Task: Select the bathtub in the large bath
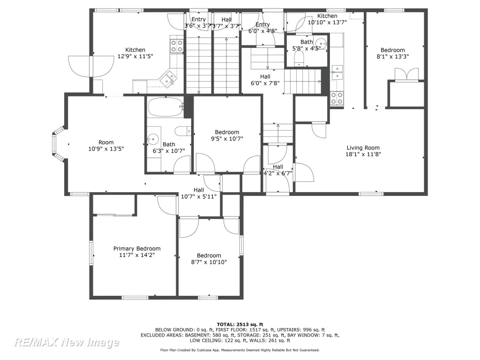tap(165, 107)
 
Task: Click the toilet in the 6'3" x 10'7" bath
tap(183, 131)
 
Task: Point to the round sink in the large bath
tap(153, 139)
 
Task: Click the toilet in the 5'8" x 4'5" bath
tap(299, 58)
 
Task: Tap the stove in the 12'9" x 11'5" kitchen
tap(177, 46)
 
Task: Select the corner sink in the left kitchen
tap(168, 78)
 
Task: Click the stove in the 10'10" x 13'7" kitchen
tap(337, 98)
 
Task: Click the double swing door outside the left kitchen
tap(90, 66)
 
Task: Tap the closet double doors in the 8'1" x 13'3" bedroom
tap(406, 75)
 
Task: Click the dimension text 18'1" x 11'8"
tap(363, 154)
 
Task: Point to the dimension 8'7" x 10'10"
tap(209, 262)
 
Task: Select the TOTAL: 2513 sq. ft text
tap(240, 324)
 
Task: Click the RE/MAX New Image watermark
tap(67, 342)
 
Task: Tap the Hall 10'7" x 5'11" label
tap(199, 193)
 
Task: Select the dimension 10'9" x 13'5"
tap(106, 149)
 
